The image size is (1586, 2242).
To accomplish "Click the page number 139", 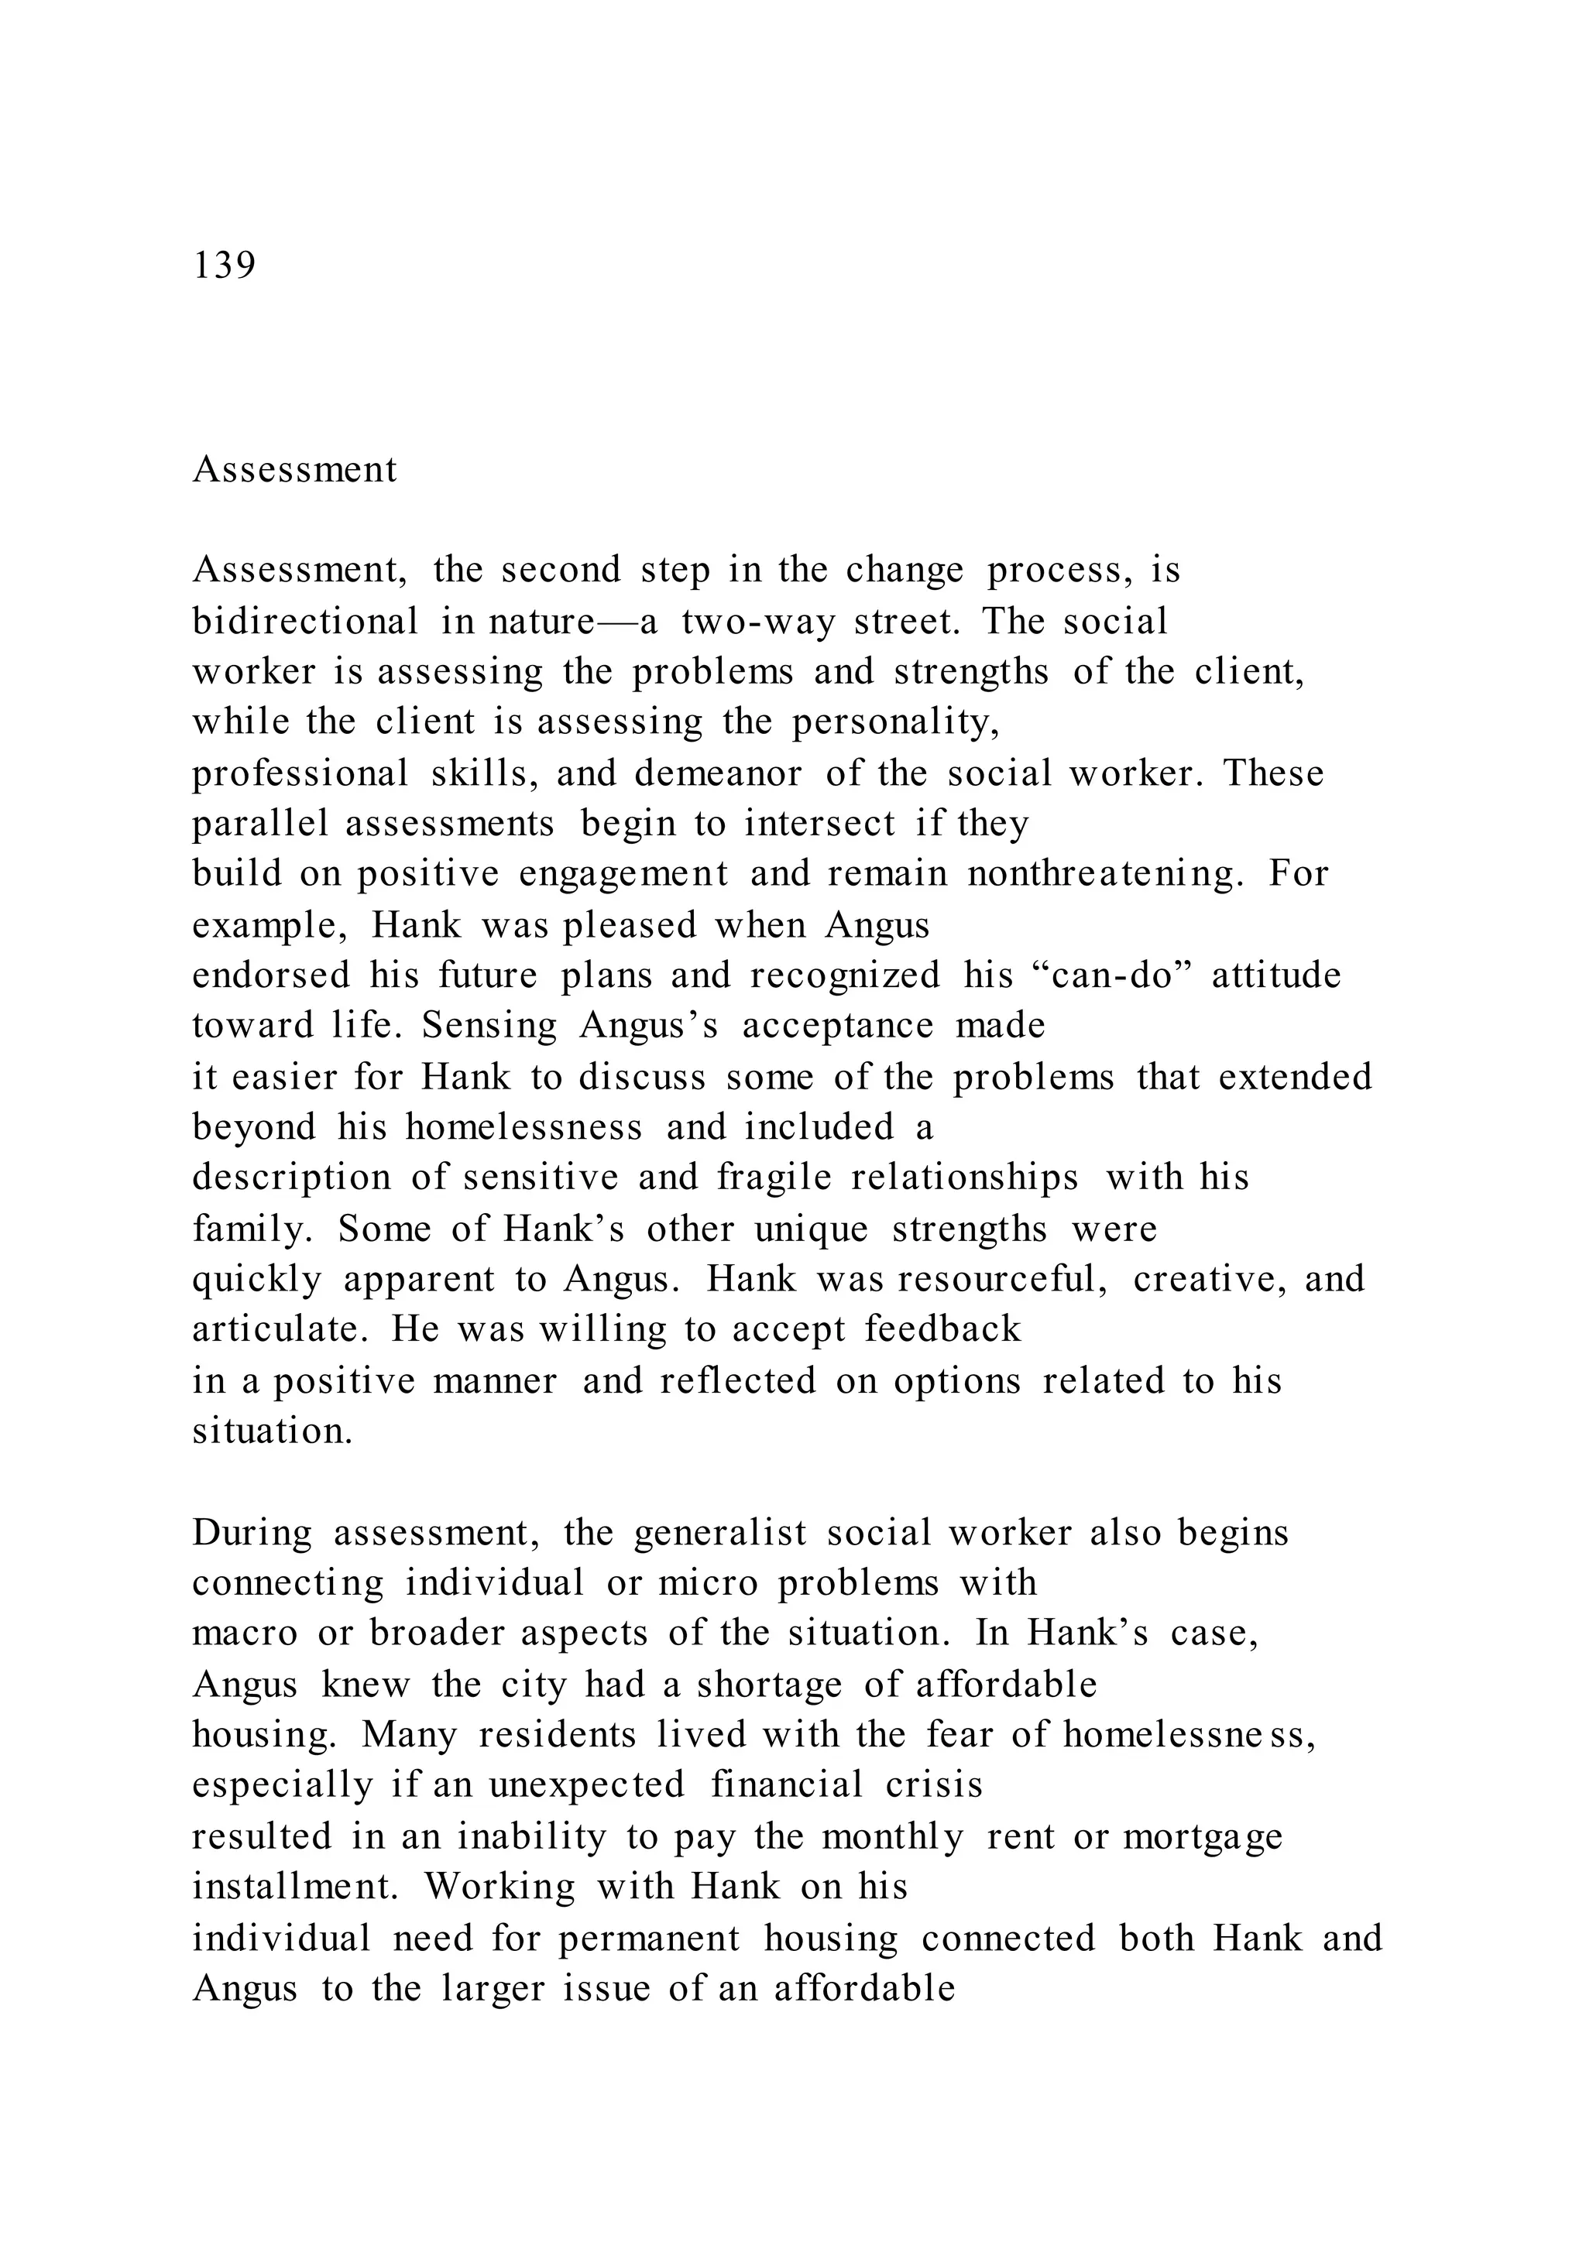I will point(225,266).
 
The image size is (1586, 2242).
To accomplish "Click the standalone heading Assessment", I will point(294,470).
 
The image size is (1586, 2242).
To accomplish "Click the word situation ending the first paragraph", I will point(272,1431).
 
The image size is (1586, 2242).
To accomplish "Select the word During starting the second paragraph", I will point(252,1533).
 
